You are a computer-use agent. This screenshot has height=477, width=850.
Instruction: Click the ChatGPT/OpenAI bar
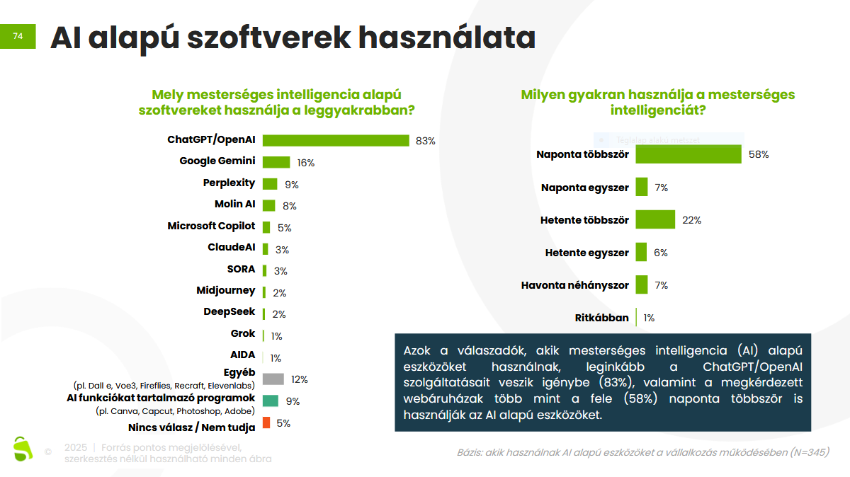pos(336,140)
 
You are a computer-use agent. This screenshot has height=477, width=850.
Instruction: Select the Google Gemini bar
pos(276,162)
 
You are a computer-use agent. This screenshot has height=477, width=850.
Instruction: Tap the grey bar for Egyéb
pos(273,379)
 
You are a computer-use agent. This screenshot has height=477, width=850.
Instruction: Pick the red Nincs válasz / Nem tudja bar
pos(266,423)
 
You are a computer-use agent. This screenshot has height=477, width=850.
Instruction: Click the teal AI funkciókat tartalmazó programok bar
pos(270,401)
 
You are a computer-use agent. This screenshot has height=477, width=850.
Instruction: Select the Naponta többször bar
pos(688,154)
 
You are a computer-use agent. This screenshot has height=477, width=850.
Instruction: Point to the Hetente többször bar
pos(655,219)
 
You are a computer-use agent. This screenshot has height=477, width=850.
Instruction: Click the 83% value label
pos(426,141)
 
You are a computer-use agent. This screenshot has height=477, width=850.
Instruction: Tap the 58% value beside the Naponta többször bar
pos(759,154)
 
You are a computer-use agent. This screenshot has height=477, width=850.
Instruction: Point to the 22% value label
pos(691,220)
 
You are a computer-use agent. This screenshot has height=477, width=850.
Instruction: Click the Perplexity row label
pos(229,183)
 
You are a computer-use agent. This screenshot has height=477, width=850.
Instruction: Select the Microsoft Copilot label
pos(211,226)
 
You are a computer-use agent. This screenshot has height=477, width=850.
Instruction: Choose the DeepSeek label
pos(229,311)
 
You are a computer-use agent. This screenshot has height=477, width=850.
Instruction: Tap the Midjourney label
pos(225,290)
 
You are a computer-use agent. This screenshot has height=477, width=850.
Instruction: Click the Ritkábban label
pos(601,318)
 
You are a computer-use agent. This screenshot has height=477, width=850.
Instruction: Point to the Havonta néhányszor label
pos(574,285)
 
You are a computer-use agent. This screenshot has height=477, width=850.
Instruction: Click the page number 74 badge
pos(18,36)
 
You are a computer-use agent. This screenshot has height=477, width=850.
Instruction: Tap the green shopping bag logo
pos(23,448)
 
